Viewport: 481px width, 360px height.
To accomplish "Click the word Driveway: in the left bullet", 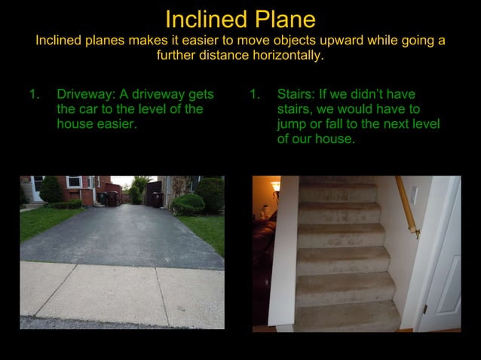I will pyautogui.click(x=84, y=95).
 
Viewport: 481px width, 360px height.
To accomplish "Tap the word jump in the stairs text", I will pyautogui.click(x=292, y=124).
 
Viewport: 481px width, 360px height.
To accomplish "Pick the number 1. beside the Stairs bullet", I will pyautogui.click(x=254, y=95).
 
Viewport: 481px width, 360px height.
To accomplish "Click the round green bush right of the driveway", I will pyautogui.click(x=188, y=203).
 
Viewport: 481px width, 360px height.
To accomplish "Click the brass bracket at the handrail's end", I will pyautogui.click(x=416, y=233).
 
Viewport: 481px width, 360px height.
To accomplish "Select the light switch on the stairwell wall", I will pyautogui.click(x=413, y=194).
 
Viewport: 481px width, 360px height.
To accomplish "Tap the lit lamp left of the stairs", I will pyautogui.click(x=276, y=185).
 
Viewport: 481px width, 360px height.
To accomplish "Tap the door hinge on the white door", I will pyautogui.click(x=425, y=309).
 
